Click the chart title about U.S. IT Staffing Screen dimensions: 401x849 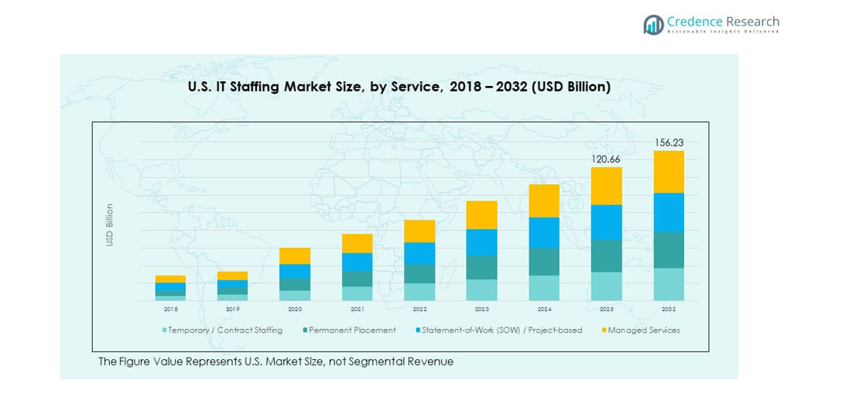click(399, 87)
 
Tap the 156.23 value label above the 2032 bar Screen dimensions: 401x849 click(669, 142)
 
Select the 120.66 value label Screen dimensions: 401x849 click(606, 159)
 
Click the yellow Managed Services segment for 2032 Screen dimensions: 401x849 click(669, 172)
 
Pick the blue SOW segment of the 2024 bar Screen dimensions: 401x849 click(544, 232)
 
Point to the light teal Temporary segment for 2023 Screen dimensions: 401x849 click(481, 290)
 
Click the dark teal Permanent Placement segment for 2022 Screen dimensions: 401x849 click(419, 273)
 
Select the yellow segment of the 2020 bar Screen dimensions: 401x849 click(295, 255)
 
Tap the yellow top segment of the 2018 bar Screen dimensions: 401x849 click(170, 279)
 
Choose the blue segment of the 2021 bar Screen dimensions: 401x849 click(357, 262)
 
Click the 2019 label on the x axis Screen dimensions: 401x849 click(232, 309)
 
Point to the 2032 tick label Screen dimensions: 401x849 click(669, 309)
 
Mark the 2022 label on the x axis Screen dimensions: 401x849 click(419, 309)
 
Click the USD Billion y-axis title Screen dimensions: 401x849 click(110, 224)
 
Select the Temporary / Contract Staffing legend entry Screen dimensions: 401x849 click(222, 331)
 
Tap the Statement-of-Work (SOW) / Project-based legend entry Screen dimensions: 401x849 click(498, 331)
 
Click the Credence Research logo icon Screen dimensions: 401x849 click(654, 24)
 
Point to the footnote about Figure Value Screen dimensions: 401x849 click(276, 362)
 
